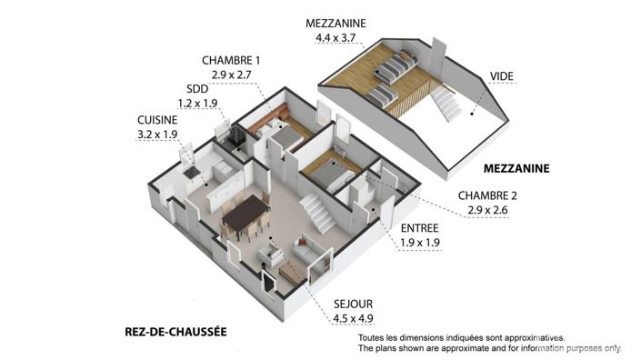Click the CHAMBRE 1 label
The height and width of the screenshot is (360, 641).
click(x=232, y=61)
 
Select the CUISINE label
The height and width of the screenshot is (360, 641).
click(x=158, y=119)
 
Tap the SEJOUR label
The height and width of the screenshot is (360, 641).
click(x=328, y=304)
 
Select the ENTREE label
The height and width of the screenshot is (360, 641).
click(x=420, y=227)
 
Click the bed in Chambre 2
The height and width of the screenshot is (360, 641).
click(x=326, y=172)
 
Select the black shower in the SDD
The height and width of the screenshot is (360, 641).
click(x=235, y=139)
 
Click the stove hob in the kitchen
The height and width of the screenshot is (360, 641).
click(x=191, y=171)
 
